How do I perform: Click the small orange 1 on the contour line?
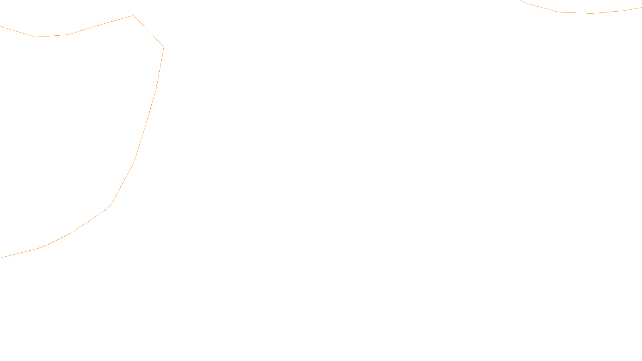156,85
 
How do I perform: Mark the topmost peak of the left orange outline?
133,16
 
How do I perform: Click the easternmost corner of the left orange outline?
164,47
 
